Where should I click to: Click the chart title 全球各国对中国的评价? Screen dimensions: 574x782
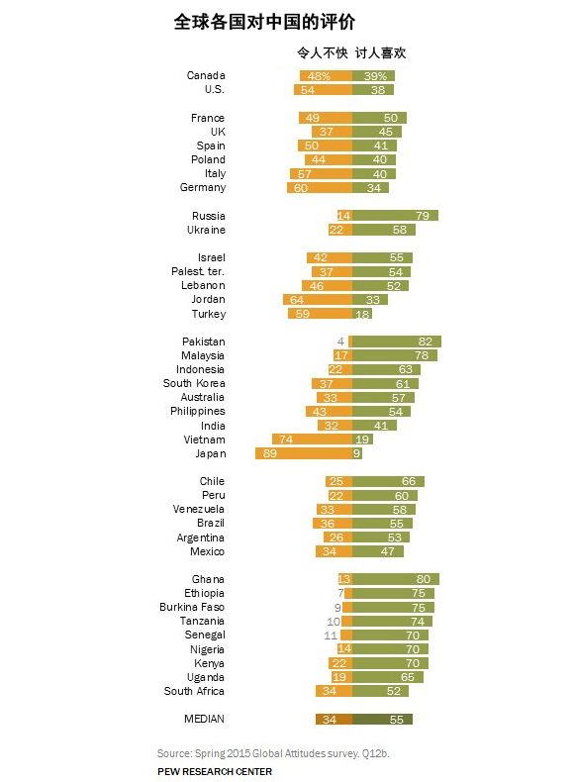[x=264, y=22]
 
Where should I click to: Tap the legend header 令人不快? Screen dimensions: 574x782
[x=323, y=52]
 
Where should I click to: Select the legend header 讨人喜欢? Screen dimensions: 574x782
[x=380, y=52]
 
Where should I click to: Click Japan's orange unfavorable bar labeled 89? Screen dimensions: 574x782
[x=304, y=453]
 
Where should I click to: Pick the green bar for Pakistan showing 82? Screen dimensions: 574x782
[x=397, y=342]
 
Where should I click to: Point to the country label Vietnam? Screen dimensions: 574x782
[x=205, y=440]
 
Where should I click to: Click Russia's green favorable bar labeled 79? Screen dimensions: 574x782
[x=395, y=216]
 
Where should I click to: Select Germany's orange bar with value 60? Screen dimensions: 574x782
[x=320, y=187]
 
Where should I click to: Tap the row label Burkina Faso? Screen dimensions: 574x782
[x=192, y=607]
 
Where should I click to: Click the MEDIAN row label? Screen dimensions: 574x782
[x=205, y=719]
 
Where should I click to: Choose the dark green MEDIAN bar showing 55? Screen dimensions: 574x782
[x=382, y=720]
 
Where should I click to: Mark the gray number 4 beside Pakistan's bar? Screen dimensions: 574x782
[x=340, y=342]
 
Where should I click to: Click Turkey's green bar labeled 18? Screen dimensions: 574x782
[x=362, y=314]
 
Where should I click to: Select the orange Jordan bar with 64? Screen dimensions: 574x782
[x=318, y=300]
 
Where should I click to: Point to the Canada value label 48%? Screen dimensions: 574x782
[x=319, y=76]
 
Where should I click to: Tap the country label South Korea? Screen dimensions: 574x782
[x=194, y=383]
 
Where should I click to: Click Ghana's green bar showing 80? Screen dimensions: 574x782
[x=396, y=579]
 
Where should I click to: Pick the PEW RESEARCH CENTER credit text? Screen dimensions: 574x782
[x=215, y=771]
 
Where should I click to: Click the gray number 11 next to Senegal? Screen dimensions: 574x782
[x=331, y=635]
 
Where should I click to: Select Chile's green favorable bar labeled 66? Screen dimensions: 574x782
[x=388, y=481]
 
